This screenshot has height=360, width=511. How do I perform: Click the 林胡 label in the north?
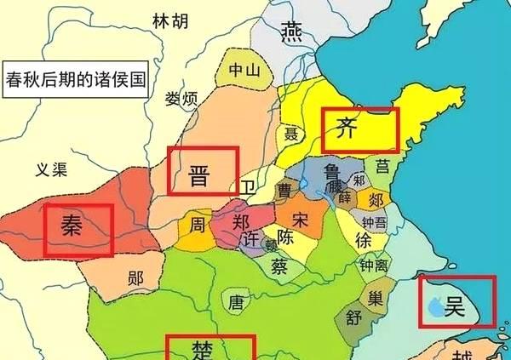pos(169,21)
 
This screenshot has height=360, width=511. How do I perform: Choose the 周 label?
pos(197,226)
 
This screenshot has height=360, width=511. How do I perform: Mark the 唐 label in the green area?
pos(237,301)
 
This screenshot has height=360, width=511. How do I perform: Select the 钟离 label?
pos(373,266)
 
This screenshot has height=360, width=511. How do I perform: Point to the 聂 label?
pos(290,134)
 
